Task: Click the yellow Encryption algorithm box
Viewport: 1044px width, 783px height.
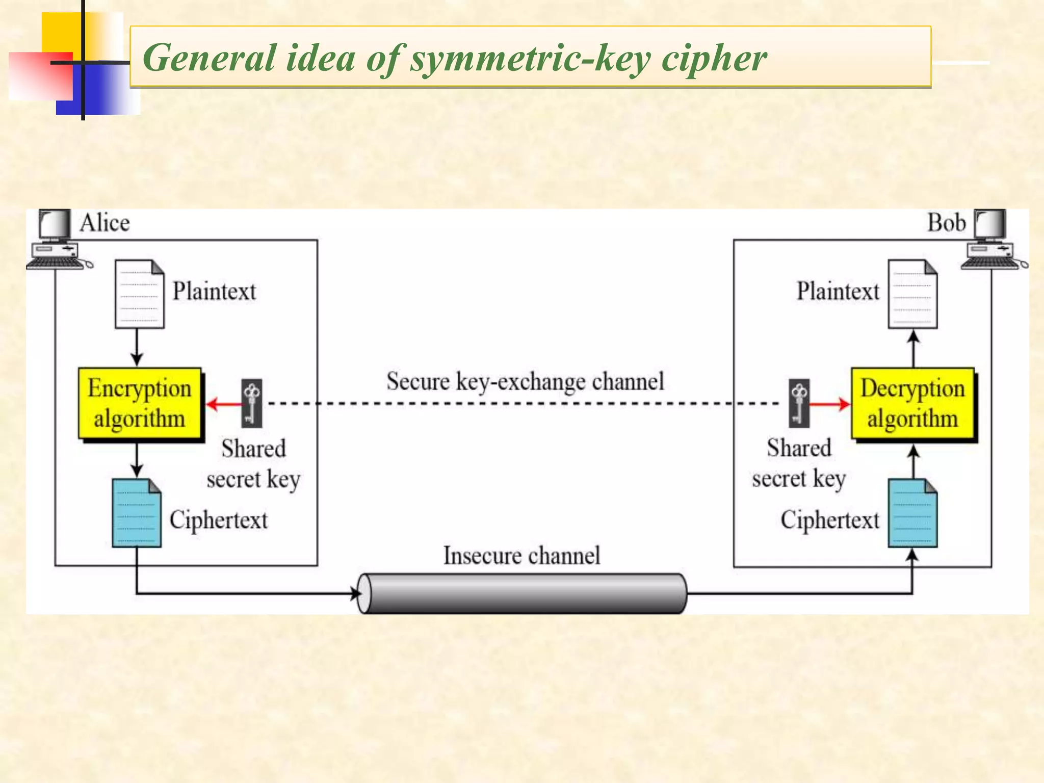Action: [x=140, y=403]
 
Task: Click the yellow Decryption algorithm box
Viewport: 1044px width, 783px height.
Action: [x=912, y=403]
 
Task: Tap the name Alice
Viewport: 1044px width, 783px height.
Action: [x=105, y=223]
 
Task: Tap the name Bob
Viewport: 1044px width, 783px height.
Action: [x=946, y=223]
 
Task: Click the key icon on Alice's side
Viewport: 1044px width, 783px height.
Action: [x=251, y=403]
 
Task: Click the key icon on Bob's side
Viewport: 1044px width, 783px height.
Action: [x=799, y=403]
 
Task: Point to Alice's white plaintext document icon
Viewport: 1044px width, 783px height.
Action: [x=139, y=294]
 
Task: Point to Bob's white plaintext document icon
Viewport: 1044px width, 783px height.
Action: [x=912, y=294]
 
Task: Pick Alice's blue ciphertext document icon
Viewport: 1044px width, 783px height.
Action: [x=137, y=513]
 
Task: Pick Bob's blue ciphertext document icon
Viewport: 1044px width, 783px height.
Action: [x=912, y=513]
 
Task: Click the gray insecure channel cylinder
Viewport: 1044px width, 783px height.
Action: [x=522, y=593]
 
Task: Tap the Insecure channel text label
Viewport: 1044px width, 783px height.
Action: [x=521, y=556]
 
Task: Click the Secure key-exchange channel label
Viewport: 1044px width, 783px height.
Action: [x=525, y=381]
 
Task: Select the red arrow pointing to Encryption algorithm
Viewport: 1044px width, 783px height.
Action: [x=223, y=405]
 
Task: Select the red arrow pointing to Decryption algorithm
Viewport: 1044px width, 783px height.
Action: [x=830, y=405]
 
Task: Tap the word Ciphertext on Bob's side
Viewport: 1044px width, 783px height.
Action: [x=830, y=520]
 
